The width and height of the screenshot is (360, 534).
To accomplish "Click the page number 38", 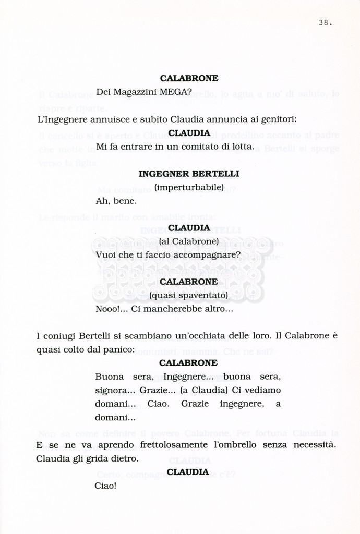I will [x=325, y=22].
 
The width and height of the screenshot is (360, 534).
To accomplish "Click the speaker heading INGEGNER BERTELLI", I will [x=189, y=174].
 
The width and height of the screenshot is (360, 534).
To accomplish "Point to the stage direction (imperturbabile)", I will [x=189, y=187].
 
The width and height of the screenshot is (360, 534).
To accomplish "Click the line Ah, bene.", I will [x=116, y=201].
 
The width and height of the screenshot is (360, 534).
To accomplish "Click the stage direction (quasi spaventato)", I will [x=189, y=296].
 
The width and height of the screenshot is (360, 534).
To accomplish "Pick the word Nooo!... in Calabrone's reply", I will [x=111, y=309].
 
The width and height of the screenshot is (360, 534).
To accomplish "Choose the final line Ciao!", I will [x=105, y=486].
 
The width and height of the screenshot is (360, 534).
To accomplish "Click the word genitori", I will [x=278, y=119].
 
